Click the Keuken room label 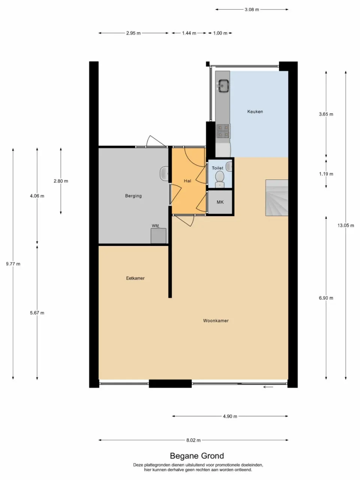point(255,111)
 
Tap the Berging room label point(133,196)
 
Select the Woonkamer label point(216,321)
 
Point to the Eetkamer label point(135,278)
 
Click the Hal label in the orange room point(187,181)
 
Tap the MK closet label point(220,202)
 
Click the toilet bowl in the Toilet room point(220,178)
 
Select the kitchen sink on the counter point(224,86)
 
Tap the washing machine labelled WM point(158,236)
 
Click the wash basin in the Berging point(164,173)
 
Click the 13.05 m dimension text point(345,225)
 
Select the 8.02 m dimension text point(193,440)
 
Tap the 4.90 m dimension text point(230,416)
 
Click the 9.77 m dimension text point(13,264)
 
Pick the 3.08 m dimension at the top point(252,10)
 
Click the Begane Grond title point(197,456)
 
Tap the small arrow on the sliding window point(268,387)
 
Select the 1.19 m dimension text point(326,174)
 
